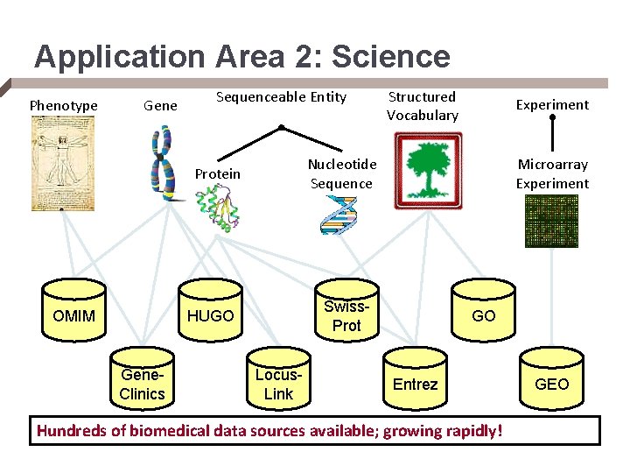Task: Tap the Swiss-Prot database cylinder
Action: (346, 315)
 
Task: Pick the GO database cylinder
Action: (483, 314)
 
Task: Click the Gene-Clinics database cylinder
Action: (142, 383)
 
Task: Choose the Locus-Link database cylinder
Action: (278, 383)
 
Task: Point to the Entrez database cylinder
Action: (415, 383)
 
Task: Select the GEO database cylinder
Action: (551, 383)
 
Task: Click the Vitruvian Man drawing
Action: (62, 164)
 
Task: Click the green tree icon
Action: (427, 170)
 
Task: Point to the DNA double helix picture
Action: (339, 215)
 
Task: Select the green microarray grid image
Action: (551, 220)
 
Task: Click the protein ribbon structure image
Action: (218, 209)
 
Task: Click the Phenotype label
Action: (64, 106)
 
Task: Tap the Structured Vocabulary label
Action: (423, 106)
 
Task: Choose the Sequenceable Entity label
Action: (281, 97)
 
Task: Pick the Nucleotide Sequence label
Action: (342, 173)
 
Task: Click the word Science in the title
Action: (391, 57)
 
